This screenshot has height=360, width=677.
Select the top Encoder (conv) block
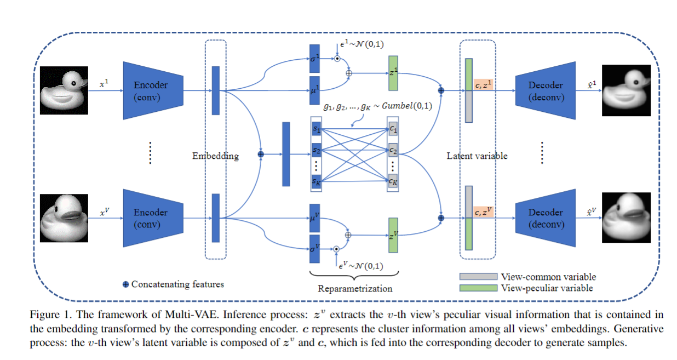click(x=153, y=90)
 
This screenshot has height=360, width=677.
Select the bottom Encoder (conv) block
click(x=153, y=218)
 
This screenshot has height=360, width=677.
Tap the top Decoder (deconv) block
click(x=545, y=90)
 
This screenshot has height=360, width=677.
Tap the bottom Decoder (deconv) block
click(x=545, y=218)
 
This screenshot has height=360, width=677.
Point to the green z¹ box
click(x=393, y=73)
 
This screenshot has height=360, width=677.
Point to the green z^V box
click(x=393, y=235)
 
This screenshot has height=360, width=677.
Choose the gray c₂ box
click(x=393, y=150)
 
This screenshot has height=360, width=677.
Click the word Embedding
click(x=215, y=156)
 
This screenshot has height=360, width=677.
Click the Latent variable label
click(x=477, y=156)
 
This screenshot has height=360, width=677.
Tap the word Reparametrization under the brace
click(x=351, y=288)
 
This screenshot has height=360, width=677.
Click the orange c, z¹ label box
click(x=484, y=84)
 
